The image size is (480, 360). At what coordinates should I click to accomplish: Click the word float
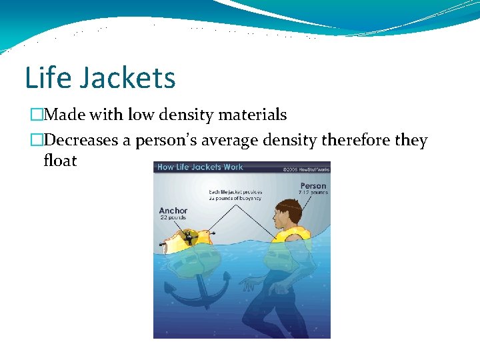point(60,160)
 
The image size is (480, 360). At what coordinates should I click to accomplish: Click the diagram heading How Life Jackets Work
point(200,167)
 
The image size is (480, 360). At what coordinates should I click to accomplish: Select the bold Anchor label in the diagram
point(173,211)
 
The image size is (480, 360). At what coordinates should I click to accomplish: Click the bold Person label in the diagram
point(313,186)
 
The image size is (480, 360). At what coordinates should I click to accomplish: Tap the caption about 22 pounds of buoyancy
point(235,195)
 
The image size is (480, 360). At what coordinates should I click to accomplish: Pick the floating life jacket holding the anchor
point(188,242)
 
